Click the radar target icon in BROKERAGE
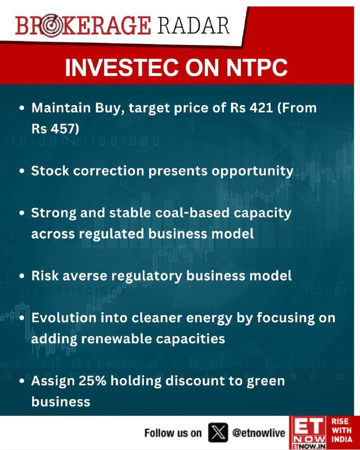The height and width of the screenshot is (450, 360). coord(50,25)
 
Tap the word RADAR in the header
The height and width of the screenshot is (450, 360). coord(193,25)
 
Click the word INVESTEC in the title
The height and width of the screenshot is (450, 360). coord(121,67)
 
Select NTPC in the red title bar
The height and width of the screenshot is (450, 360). coord(257,67)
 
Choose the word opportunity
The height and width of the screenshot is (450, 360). coord(253,172)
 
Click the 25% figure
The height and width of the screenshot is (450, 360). coord(92,381)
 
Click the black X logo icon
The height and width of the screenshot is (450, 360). coord(218,432)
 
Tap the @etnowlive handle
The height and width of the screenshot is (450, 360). coord(259,433)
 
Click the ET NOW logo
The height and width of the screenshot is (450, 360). coord(308,433)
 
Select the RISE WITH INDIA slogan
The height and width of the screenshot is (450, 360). coord(341,430)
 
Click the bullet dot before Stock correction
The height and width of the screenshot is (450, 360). coord(22,171)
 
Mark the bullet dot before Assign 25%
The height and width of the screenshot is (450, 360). coord(22,381)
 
